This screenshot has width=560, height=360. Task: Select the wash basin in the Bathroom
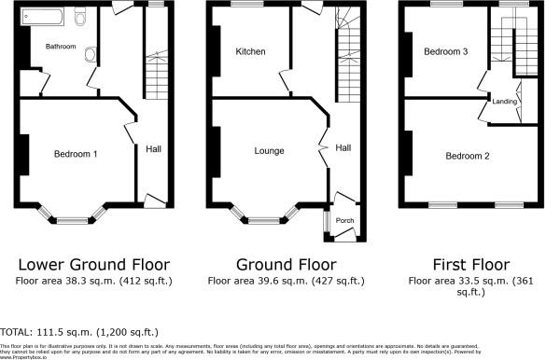[90, 54]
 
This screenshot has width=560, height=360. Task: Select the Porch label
[345, 221]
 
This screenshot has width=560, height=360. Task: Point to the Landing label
[505, 102]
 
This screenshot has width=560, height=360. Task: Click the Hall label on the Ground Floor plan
[343, 148]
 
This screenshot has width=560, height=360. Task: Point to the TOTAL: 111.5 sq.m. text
[79, 331]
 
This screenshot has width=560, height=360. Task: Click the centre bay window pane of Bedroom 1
[71, 221]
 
